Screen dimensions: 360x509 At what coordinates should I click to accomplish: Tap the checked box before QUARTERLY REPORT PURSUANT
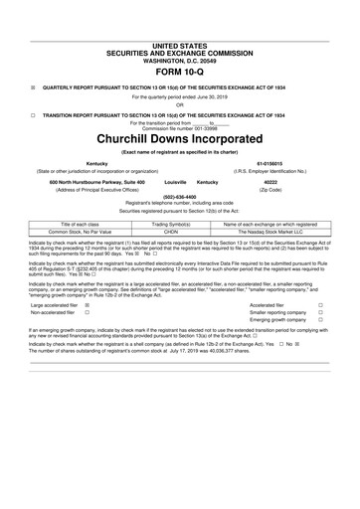[x=33, y=86]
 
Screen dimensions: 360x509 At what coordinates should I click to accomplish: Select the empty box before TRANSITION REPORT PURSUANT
[x=33, y=114]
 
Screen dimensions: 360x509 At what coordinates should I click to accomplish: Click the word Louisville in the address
[x=175, y=183]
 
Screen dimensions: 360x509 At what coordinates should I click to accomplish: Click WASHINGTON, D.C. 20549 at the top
[x=180, y=59]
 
